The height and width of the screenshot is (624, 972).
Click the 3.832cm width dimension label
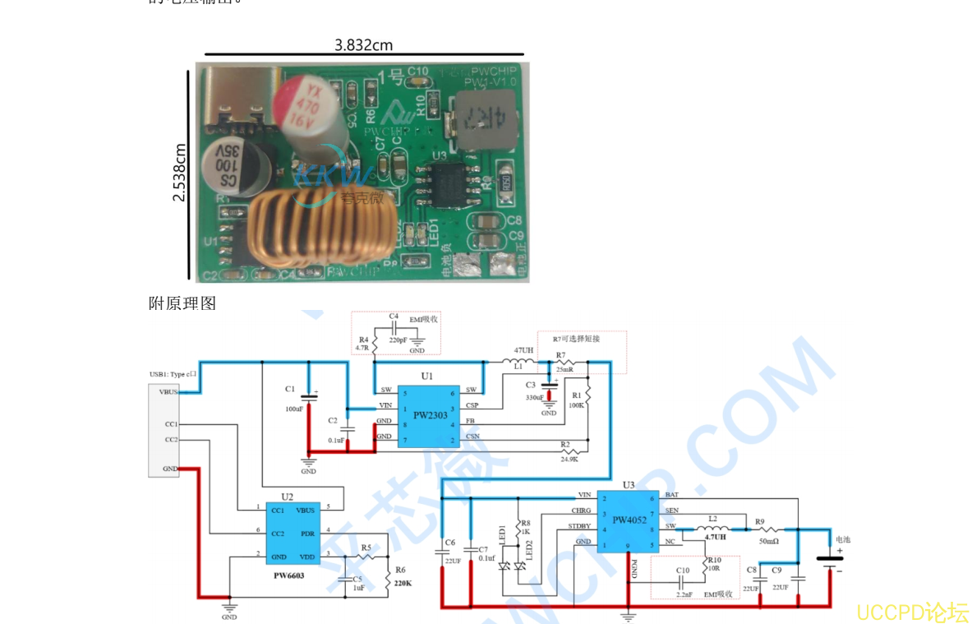tap(363, 45)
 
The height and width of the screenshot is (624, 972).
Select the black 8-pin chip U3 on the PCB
tap(449, 183)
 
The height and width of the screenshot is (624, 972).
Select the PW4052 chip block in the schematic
tap(629, 520)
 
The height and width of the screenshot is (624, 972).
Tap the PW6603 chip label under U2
tap(288, 575)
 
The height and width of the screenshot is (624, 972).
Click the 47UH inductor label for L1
tap(523, 350)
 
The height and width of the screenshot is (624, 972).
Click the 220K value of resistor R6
tap(403, 583)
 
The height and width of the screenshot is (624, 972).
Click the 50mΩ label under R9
tap(769, 542)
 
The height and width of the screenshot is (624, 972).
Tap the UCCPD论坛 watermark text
tap(912, 612)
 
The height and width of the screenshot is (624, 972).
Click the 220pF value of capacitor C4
tap(398, 339)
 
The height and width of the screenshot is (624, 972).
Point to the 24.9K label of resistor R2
tap(569, 460)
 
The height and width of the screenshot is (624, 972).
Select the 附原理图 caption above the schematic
tap(182, 303)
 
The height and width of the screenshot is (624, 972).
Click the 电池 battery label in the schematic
tap(843, 540)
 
